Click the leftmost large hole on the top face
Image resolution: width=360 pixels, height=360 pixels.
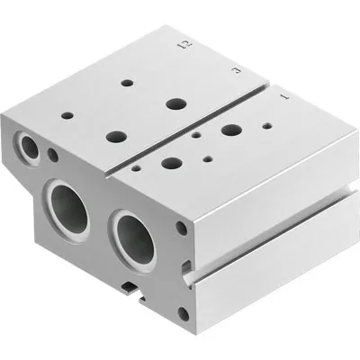click(x=115, y=136)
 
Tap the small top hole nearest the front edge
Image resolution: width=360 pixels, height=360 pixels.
click(x=134, y=166)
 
